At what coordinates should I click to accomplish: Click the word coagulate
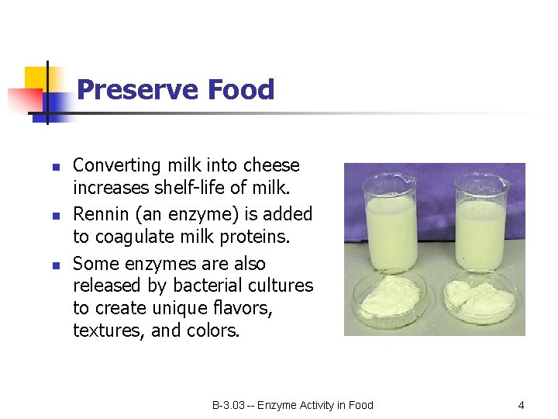pos(133,236)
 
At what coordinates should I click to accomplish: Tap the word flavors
pos(240,308)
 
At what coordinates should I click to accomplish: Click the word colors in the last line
pos(213,331)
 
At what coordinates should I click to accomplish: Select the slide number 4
pos(521,405)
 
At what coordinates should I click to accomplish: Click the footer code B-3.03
pos(229,405)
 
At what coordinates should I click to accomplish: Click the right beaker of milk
pos(481,225)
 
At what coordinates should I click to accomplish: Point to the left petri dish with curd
pos(390,298)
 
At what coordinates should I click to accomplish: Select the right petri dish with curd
pos(480,298)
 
